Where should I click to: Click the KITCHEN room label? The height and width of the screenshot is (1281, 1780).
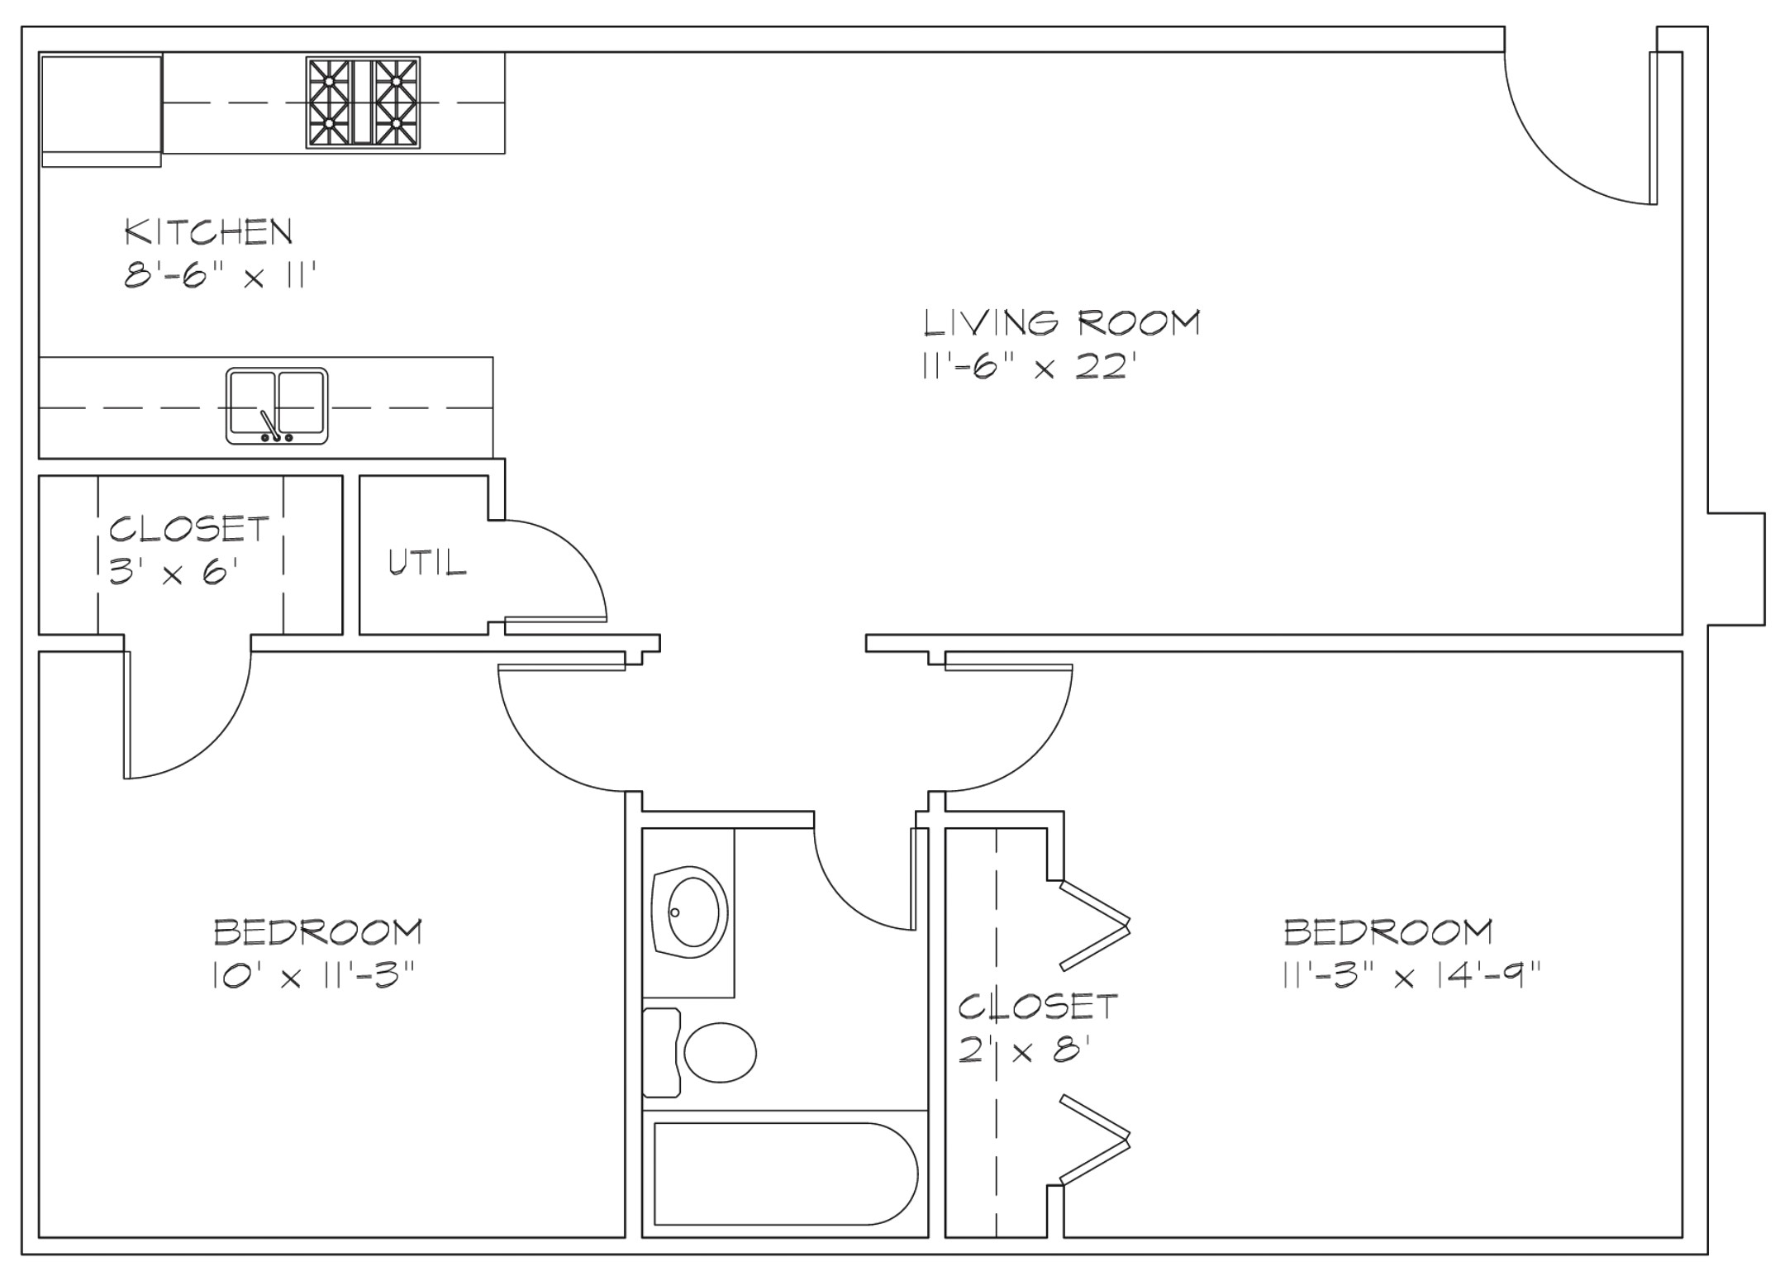pyautogui.click(x=209, y=231)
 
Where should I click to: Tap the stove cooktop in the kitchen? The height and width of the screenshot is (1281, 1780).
pyautogui.click(x=363, y=102)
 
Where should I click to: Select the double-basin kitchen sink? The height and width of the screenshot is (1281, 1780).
pyautogui.click(x=277, y=406)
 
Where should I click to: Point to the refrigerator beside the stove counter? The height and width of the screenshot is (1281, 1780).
pyautogui.click(x=101, y=111)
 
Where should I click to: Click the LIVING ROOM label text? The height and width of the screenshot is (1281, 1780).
pyautogui.click(x=1062, y=322)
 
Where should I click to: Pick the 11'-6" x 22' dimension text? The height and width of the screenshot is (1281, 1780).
pyautogui.click(x=1025, y=365)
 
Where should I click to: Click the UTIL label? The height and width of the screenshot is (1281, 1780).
pyautogui.click(x=427, y=562)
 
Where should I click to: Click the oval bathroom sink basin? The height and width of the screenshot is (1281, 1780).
pyautogui.click(x=693, y=912)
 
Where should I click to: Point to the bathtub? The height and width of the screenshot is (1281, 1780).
pyautogui.click(x=785, y=1174)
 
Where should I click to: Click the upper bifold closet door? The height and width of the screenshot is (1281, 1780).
pyautogui.click(x=1095, y=925)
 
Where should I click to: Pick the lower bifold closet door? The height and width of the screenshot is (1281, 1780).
pyautogui.click(x=1095, y=1140)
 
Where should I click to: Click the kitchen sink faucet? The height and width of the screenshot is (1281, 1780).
pyautogui.click(x=269, y=425)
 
